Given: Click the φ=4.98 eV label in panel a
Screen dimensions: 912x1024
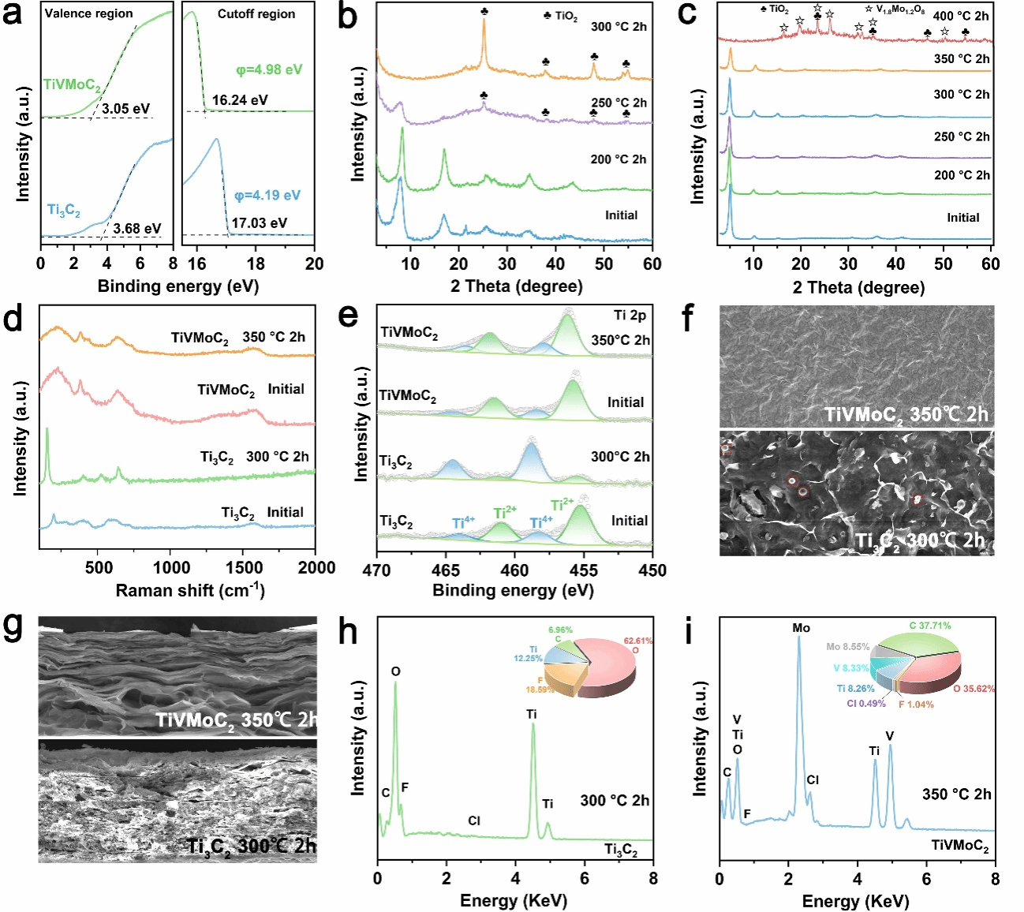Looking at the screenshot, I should pyautogui.click(x=269, y=69).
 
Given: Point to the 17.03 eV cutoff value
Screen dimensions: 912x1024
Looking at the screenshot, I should pyautogui.click(x=259, y=222).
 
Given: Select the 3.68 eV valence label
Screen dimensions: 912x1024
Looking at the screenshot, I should pyautogui.click(x=136, y=229).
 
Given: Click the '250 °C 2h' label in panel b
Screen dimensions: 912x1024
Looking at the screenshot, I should pyautogui.click(x=619, y=103).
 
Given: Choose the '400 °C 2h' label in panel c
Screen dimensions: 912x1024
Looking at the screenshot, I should pyautogui.click(x=960, y=16).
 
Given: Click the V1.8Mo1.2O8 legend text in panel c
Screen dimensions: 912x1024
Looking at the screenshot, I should pyautogui.click(x=900, y=9).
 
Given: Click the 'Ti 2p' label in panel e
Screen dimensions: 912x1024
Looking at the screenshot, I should pyautogui.click(x=630, y=316).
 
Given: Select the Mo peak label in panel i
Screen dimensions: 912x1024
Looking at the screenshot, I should pyautogui.click(x=801, y=628).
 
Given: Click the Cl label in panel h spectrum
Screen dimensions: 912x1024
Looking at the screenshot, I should pyautogui.click(x=473, y=820).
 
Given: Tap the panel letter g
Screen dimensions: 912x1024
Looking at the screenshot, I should pyautogui.click(x=14, y=626).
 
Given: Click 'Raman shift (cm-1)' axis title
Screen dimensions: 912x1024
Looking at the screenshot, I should pyautogui.click(x=189, y=590).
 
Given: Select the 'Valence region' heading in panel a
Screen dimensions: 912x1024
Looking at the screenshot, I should pyautogui.click(x=88, y=13).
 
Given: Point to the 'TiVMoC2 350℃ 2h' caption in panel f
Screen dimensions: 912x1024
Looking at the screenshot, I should pyautogui.click(x=906, y=414).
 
